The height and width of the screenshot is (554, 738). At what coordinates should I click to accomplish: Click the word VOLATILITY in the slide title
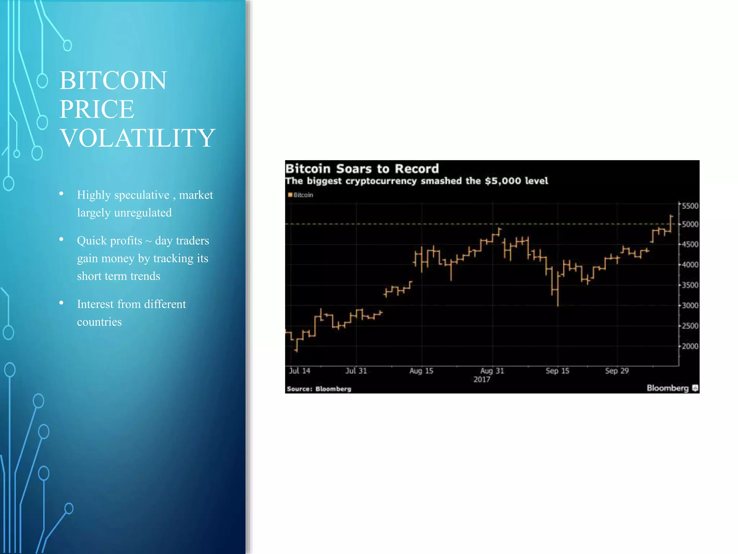(x=137, y=138)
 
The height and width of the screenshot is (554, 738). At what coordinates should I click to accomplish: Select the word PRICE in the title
(x=97, y=109)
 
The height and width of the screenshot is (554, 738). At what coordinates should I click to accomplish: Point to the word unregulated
(x=143, y=213)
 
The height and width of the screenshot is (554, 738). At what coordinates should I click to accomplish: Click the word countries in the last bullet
(x=99, y=322)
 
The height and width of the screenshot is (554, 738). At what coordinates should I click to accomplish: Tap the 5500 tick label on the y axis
(x=690, y=206)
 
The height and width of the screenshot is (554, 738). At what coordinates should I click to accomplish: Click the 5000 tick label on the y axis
(x=690, y=224)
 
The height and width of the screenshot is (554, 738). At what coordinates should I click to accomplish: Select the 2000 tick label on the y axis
(x=690, y=346)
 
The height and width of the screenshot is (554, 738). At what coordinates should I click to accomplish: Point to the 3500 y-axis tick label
(x=690, y=285)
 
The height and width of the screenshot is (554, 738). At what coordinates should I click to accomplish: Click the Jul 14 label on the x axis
(x=299, y=371)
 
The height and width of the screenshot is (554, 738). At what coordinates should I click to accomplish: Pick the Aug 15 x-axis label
(x=421, y=371)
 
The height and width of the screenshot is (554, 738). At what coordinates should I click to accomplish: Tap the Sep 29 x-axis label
(x=617, y=371)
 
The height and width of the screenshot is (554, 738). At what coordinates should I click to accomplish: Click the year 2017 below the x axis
(x=481, y=379)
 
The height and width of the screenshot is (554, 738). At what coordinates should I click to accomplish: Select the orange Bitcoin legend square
(x=290, y=195)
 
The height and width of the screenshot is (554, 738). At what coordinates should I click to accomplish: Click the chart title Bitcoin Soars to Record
(x=362, y=169)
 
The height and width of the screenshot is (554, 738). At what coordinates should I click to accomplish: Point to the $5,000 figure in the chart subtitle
(x=502, y=181)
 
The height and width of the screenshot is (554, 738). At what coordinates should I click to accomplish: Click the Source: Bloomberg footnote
(x=319, y=389)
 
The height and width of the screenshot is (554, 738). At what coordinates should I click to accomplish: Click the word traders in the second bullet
(x=192, y=241)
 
